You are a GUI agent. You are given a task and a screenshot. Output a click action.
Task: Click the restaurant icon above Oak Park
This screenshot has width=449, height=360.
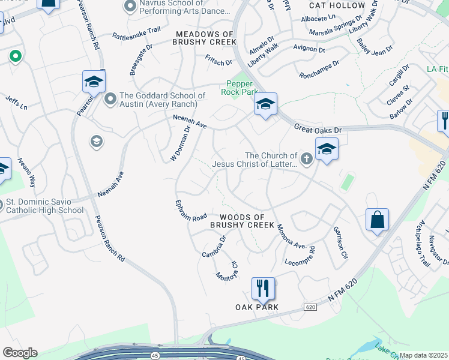pyautogui.click(x=263, y=289)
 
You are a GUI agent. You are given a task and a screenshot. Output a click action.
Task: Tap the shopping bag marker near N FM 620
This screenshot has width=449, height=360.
pyautogui.click(x=377, y=220)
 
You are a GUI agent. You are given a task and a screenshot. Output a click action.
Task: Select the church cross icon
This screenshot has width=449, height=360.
pyautogui.click(x=307, y=159)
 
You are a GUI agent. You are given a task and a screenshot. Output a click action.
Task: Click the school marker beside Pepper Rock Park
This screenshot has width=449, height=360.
pyautogui.click(x=265, y=104)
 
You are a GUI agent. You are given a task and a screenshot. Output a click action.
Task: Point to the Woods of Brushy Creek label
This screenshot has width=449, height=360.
pyautogui.click(x=242, y=220)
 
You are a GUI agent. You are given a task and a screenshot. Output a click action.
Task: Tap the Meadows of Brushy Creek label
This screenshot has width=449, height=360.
pyautogui.click(x=204, y=37)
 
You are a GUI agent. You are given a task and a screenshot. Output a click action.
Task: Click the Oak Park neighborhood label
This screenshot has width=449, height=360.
pyautogui.click(x=257, y=307)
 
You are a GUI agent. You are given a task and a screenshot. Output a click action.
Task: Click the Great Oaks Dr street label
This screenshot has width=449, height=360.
pyautogui.click(x=318, y=128)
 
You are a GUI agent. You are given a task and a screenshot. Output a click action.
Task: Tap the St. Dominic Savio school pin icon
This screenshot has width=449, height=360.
pyautogui.click(x=0, y=205)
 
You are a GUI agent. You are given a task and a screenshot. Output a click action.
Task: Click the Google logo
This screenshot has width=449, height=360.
pyautogui.click(x=20, y=353)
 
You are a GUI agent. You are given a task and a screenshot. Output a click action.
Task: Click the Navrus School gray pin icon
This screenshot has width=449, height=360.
pyautogui.click(x=130, y=7)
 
